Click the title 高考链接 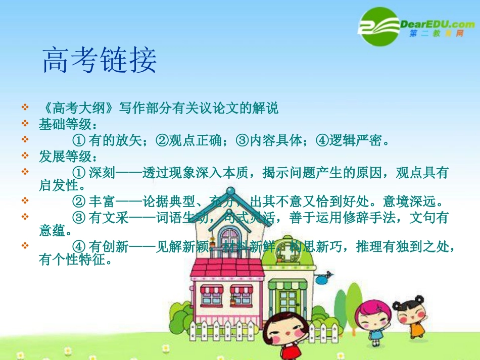pyautogui.click(x=100, y=61)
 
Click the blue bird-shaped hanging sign pyautogui.click(x=324, y=276)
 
